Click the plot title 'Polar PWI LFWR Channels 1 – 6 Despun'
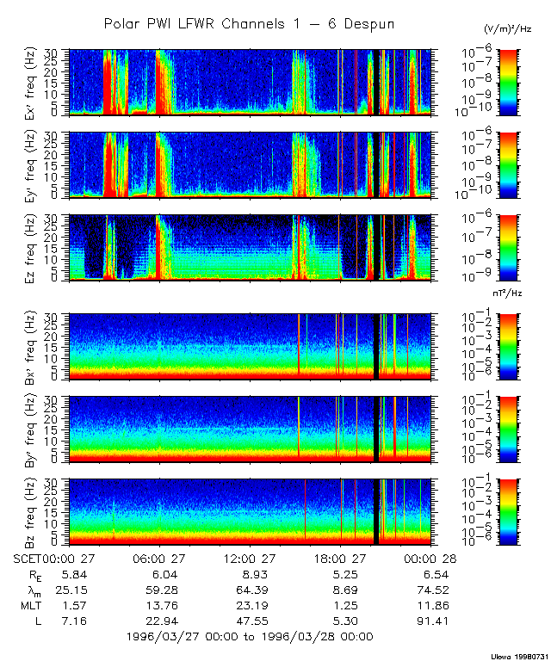[x=249, y=24]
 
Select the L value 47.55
[x=251, y=621]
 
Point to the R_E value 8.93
[x=251, y=574]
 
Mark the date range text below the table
[x=249, y=637]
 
